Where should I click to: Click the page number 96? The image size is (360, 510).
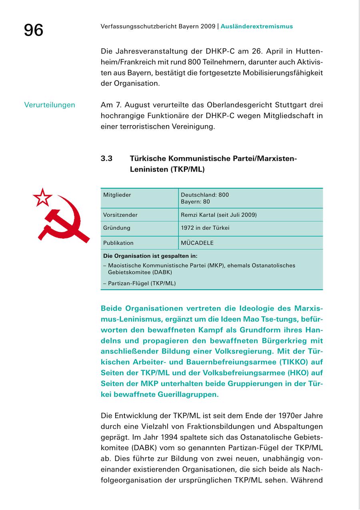(34, 30)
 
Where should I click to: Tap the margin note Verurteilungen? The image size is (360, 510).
(50, 105)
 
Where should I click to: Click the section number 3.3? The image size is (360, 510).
(106, 159)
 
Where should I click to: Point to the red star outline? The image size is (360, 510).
(42, 197)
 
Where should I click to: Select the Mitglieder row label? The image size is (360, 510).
(117, 195)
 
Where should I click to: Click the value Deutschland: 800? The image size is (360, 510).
(205, 195)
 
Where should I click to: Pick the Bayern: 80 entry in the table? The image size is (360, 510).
(195, 202)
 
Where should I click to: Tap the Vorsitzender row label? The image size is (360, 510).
(120, 215)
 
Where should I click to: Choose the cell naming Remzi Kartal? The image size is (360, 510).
(219, 215)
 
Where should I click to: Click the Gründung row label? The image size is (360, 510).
(117, 228)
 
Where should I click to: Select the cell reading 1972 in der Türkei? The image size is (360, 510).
(205, 228)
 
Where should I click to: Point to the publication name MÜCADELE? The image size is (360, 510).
(197, 243)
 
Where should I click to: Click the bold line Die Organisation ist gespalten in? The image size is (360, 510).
(150, 256)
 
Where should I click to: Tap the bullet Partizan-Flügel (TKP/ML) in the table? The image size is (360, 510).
(142, 283)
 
